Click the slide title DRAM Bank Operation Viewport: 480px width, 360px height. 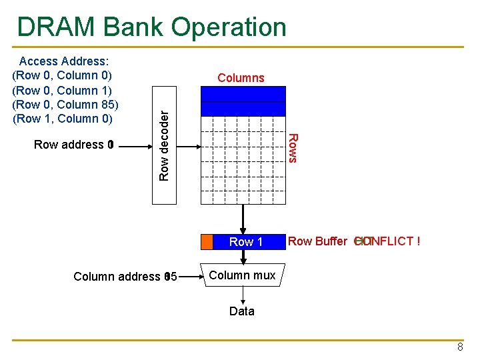[x=152, y=27]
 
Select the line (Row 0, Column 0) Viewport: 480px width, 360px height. [x=62, y=75]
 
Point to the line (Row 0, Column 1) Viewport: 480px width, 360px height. [x=62, y=90]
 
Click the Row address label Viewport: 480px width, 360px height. [x=70, y=145]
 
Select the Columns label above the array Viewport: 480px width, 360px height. [x=241, y=78]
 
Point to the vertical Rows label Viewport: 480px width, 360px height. [x=293, y=147]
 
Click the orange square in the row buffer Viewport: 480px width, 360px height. [x=207, y=241]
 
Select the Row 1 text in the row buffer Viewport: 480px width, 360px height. [x=246, y=242]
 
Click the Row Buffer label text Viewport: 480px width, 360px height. [x=317, y=241]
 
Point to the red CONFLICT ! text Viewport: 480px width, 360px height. [x=390, y=241]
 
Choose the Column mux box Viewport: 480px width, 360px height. [x=242, y=275]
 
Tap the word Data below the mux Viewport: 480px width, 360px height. [x=241, y=311]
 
